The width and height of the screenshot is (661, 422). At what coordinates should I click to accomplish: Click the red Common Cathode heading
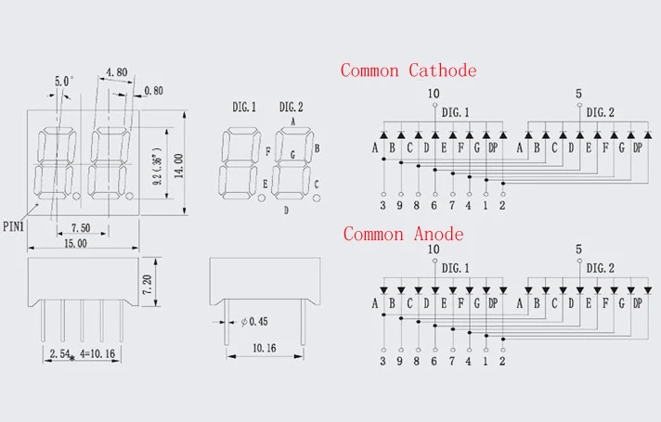(x=408, y=70)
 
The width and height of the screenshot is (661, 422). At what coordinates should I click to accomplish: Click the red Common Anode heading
(x=403, y=234)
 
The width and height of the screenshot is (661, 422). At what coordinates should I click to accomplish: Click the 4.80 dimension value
(x=117, y=71)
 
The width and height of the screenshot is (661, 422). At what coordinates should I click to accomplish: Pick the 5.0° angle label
(x=64, y=82)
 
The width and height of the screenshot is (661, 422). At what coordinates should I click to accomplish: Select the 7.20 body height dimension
(x=170, y=284)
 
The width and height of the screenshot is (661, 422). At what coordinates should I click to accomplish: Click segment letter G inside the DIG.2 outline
(x=293, y=153)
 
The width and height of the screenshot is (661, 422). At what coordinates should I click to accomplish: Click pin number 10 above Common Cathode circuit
(x=434, y=93)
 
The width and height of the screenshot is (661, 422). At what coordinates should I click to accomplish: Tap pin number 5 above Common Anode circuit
(x=578, y=249)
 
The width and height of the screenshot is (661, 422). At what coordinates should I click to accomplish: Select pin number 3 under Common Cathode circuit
(x=383, y=206)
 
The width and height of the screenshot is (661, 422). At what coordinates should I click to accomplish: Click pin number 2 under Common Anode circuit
(x=502, y=362)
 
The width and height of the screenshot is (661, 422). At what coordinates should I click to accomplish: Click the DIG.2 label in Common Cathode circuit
(x=601, y=112)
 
